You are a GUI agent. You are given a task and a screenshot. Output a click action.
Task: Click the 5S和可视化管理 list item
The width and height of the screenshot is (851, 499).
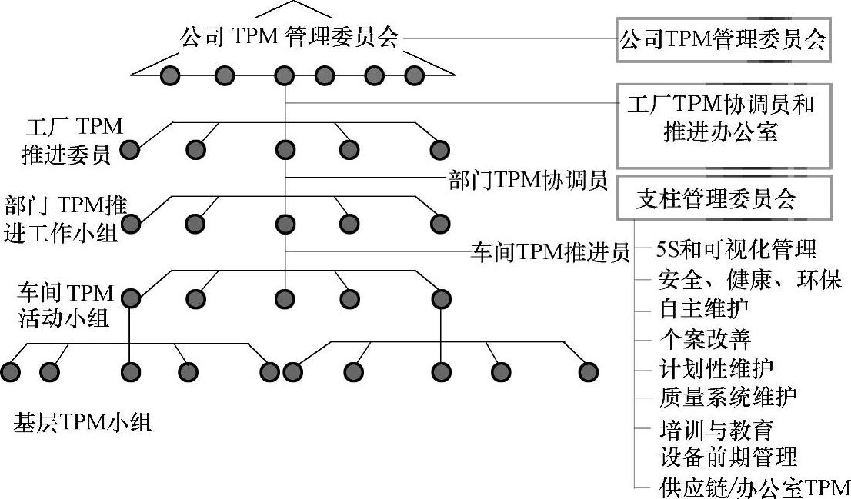[736, 250]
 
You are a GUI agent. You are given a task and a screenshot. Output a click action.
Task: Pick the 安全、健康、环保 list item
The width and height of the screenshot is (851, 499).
[750, 278]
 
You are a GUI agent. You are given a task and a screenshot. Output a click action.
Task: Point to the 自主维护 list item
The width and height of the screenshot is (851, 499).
[704, 308]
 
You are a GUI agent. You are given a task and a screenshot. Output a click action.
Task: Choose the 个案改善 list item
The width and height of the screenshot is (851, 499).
[704, 338]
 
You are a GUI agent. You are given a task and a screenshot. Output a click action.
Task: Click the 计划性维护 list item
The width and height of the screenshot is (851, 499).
[716, 368]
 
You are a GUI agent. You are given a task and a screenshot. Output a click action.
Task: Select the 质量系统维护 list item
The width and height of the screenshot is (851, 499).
[728, 397]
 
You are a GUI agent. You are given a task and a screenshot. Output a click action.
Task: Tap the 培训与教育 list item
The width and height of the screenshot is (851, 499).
[716, 427]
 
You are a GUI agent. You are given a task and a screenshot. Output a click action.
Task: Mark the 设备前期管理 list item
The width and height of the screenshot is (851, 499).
[728, 457]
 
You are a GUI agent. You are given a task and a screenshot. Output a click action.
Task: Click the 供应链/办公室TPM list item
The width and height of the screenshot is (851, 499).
[754, 487]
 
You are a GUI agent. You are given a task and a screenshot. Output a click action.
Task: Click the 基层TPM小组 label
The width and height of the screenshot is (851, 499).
[82, 422]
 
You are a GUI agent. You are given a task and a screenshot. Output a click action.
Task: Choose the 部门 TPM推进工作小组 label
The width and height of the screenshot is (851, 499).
[65, 218]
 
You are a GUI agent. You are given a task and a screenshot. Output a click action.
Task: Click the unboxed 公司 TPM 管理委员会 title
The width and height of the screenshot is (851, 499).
[290, 38]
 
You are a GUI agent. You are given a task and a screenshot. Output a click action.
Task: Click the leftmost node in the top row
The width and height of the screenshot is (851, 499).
[170, 75]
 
